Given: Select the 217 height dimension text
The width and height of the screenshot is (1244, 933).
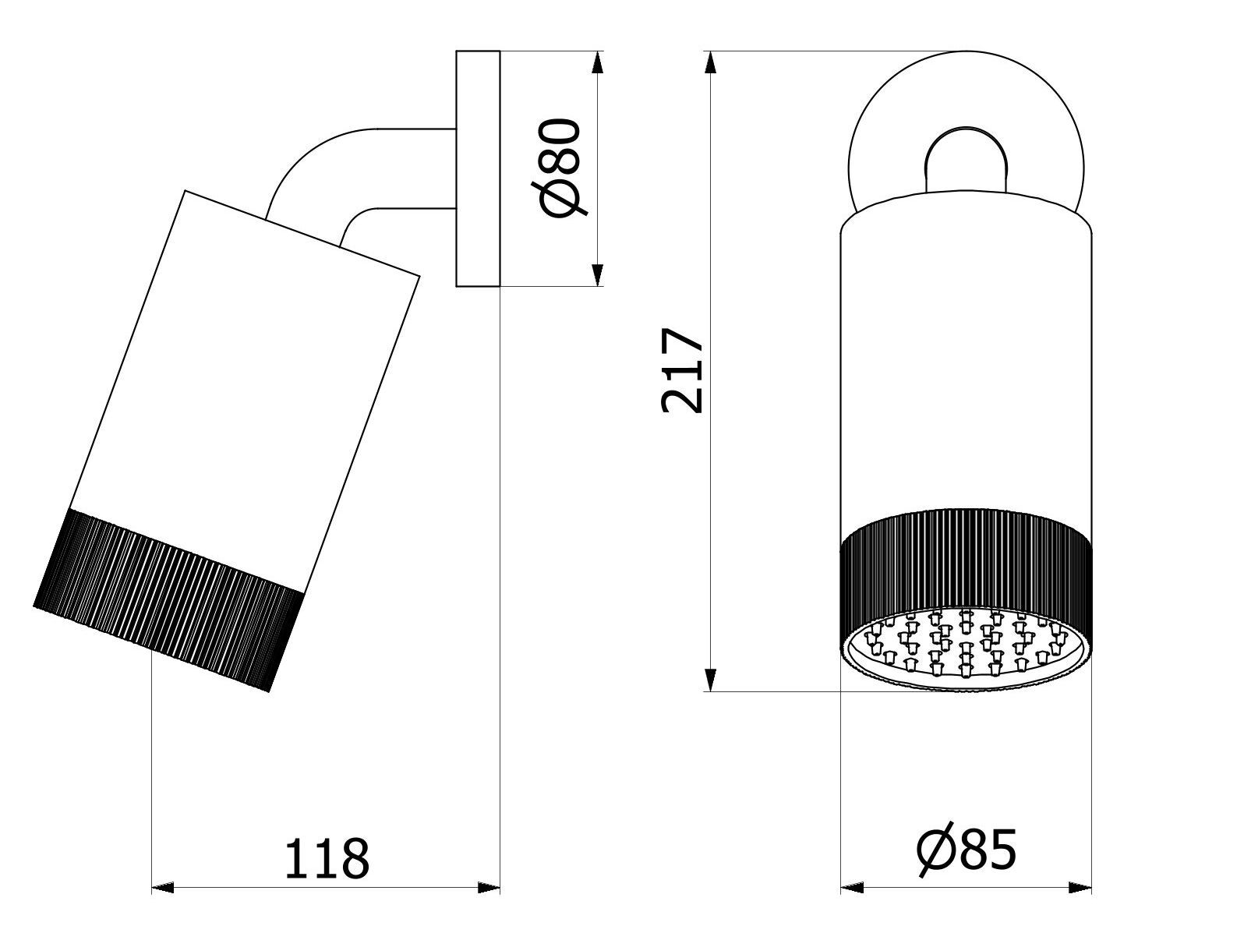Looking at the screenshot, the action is point(682,369).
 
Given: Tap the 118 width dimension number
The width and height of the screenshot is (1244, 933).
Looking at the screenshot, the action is point(327,859).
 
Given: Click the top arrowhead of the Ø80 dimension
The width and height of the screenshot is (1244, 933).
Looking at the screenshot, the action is point(596,63).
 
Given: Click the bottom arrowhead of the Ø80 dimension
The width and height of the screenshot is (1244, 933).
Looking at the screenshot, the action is point(596,274).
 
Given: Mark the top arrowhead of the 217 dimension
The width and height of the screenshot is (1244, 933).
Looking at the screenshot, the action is point(710,63).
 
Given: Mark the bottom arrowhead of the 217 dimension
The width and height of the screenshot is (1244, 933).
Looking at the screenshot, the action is point(710,680).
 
